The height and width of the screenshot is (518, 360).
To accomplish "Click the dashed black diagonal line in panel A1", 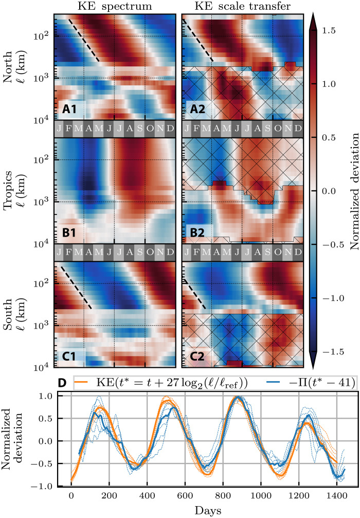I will coord(83,40).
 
